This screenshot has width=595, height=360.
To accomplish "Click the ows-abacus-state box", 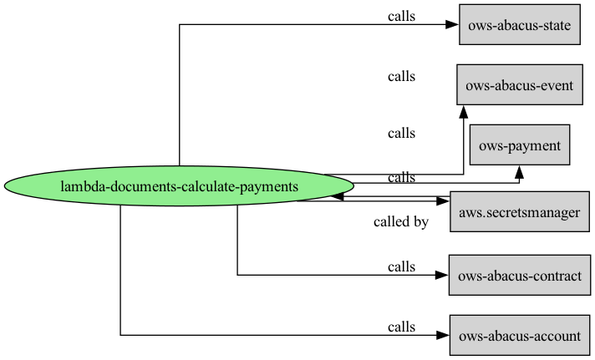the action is pyautogui.click(x=520, y=25).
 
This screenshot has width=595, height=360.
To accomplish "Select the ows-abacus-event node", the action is pyautogui.click(x=520, y=84).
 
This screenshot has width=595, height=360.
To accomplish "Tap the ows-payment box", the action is pyautogui.click(x=520, y=145).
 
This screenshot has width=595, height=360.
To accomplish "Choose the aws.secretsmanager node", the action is pyautogui.click(x=520, y=211).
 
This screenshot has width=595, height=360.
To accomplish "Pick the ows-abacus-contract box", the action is pyautogui.click(x=520, y=275).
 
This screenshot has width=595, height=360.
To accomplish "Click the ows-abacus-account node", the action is pyautogui.click(x=520, y=335).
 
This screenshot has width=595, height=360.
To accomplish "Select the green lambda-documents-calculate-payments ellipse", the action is pyautogui.click(x=179, y=186).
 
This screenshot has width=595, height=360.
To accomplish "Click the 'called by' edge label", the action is pyautogui.click(x=401, y=221).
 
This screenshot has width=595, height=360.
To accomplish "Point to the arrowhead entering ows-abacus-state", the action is pyautogui.click(x=452, y=25).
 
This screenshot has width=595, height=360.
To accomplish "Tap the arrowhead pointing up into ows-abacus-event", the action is pyautogui.click(x=463, y=112).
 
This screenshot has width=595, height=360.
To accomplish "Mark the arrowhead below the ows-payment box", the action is pyautogui.click(x=519, y=172).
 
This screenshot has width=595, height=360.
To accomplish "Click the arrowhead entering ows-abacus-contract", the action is pyautogui.click(x=442, y=275).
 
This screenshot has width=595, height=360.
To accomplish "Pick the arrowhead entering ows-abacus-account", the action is pyautogui.click(x=443, y=335).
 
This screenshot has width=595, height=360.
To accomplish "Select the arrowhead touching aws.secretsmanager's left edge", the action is pyautogui.click(x=443, y=201).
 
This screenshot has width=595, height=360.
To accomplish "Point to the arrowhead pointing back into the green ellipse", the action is pyautogui.click(x=338, y=196).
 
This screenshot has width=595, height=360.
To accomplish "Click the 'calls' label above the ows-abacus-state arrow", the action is pyautogui.click(x=401, y=17).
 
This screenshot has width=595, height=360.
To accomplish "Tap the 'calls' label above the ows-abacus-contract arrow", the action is pyautogui.click(x=401, y=266).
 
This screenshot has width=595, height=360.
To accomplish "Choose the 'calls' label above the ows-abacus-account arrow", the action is pyautogui.click(x=401, y=327).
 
